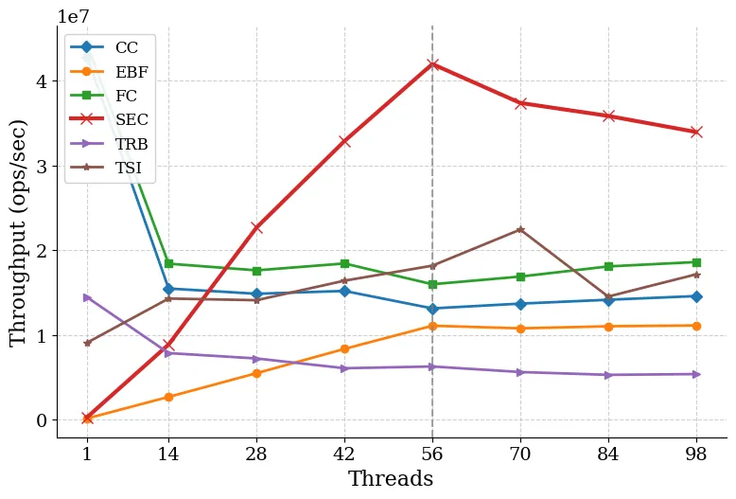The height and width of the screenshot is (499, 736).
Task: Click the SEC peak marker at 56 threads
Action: point(432,64)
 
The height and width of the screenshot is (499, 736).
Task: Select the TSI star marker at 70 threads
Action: point(520,230)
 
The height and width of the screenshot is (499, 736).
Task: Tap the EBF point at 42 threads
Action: point(344,348)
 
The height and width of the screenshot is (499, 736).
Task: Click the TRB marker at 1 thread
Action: point(87,297)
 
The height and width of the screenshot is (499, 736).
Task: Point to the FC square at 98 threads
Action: point(696,262)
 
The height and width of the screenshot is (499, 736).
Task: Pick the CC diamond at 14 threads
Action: point(168,289)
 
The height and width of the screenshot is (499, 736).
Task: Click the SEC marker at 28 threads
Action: point(256,227)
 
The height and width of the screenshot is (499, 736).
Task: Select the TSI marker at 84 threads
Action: point(608,297)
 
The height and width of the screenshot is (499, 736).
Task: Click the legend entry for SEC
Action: point(131,120)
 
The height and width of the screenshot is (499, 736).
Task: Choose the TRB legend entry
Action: point(131,144)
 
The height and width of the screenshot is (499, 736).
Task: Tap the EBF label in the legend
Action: point(131,72)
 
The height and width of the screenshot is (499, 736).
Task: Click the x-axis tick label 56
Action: point(432,454)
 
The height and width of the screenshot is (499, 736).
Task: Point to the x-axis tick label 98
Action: point(696,454)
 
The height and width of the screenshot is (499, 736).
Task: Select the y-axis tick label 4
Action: point(41,81)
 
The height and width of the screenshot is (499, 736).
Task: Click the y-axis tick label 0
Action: point(41,420)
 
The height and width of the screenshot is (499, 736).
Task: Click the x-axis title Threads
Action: point(391,479)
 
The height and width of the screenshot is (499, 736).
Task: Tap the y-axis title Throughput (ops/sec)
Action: point(19,233)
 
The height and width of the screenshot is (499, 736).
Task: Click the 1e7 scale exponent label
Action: point(75,16)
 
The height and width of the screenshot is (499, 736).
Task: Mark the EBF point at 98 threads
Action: point(696,326)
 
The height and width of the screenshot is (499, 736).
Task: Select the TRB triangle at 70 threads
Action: point(520,372)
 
